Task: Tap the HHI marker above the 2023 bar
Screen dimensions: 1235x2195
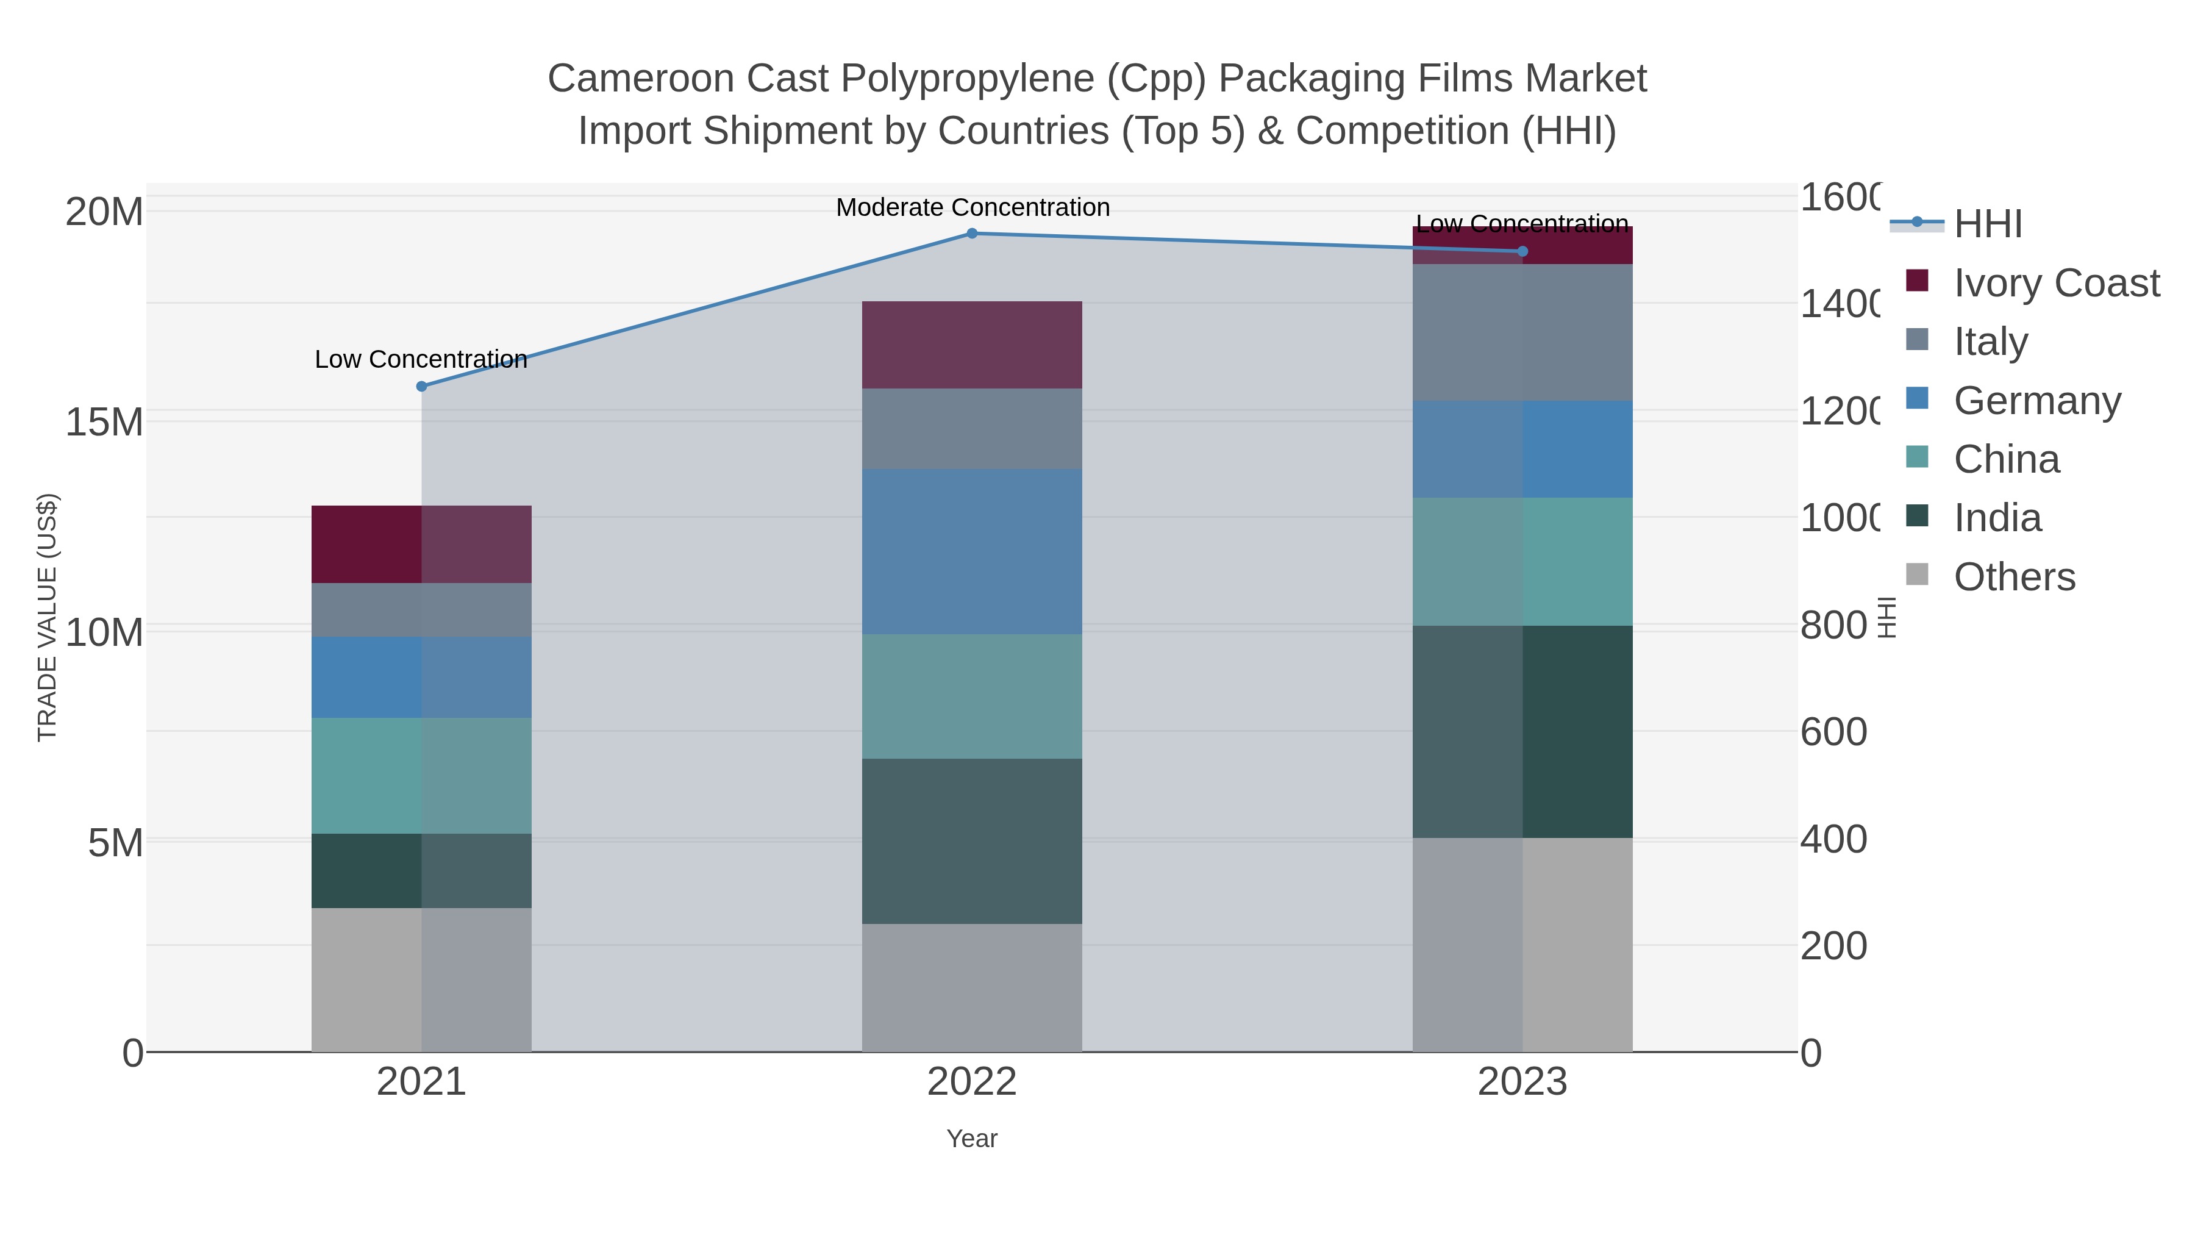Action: pyautogui.click(x=1522, y=251)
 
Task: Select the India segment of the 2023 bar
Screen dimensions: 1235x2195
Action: pyautogui.click(x=1522, y=731)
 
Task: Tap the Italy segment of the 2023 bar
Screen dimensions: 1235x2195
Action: pyautogui.click(x=1522, y=332)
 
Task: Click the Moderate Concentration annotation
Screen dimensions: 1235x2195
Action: pyautogui.click(x=973, y=207)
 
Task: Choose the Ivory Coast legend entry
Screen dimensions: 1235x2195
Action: pyautogui.click(x=2056, y=283)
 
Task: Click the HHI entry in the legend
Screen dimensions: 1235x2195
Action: pyautogui.click(x=1987, y=224)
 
